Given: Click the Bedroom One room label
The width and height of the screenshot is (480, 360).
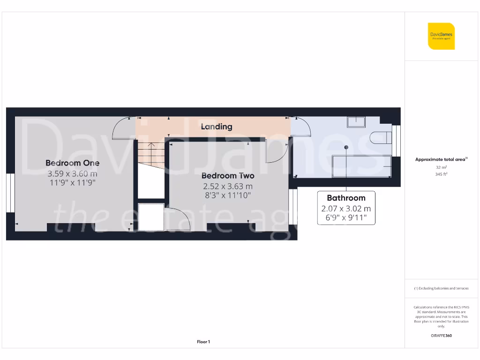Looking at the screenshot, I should (72, 163).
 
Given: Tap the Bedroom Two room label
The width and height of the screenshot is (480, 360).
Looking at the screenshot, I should (228, 176).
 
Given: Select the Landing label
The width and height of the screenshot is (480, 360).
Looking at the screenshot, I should (217, 127).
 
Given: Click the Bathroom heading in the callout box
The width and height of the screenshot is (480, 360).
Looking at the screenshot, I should (346, 198).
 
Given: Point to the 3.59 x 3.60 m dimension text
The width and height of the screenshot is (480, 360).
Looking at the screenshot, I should (72, 173).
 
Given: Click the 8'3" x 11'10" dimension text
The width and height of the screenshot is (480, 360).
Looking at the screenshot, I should (228, 195).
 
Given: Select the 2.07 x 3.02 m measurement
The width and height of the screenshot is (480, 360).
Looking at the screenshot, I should (346, 209).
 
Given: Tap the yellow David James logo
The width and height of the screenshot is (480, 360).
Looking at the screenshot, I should (441, 36).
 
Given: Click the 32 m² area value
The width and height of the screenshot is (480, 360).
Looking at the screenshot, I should (441, 167).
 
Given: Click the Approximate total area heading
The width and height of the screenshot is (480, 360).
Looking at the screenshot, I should (441, 159).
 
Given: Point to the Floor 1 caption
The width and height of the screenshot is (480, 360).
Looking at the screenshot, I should (203, 342).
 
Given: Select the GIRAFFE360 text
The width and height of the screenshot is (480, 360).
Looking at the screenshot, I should (441, 336).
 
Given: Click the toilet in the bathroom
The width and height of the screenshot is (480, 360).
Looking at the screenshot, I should (380, 138).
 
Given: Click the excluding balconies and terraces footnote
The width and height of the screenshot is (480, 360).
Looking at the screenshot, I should (441, 288).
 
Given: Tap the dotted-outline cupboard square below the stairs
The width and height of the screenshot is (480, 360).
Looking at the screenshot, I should (151, 217).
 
